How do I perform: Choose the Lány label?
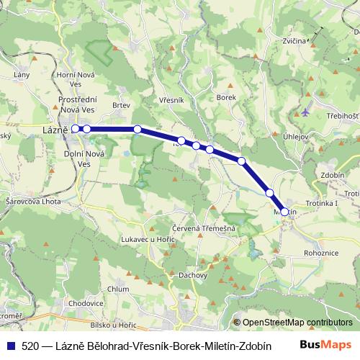tap(21, 74)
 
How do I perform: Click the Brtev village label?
tap(121, 105)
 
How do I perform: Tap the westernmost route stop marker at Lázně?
tap(76, 129)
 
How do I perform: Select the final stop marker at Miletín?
tap(284, 212)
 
